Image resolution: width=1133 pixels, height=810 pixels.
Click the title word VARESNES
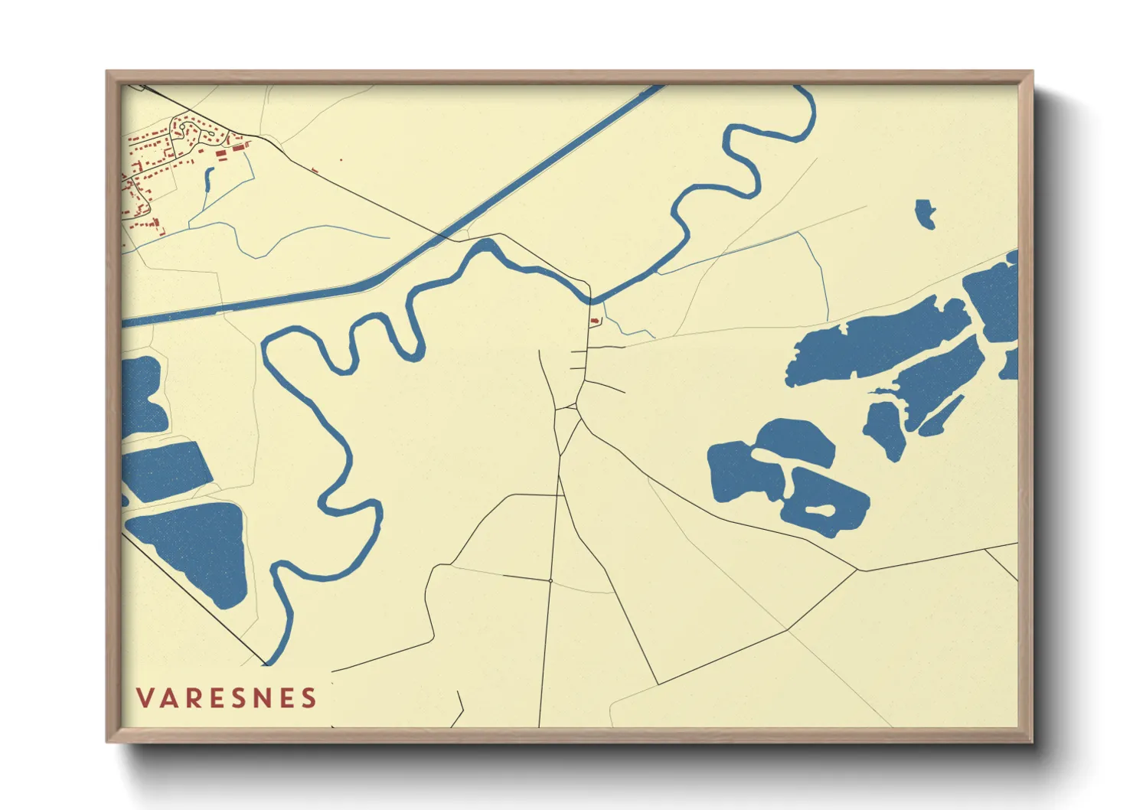[227, 698]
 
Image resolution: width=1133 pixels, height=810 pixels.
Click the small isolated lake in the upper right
[926, 214]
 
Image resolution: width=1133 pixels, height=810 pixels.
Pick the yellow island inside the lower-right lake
[819, 509]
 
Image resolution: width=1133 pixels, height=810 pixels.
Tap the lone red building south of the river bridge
[595, 322]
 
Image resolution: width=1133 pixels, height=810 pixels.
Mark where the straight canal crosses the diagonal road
[443, 235]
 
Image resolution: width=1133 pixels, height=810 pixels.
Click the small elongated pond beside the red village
[208, 180]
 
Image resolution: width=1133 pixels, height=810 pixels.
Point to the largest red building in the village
[223, 153]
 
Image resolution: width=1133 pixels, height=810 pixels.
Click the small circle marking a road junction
[550, 581]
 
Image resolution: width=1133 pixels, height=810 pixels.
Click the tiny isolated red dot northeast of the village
[341, 160]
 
